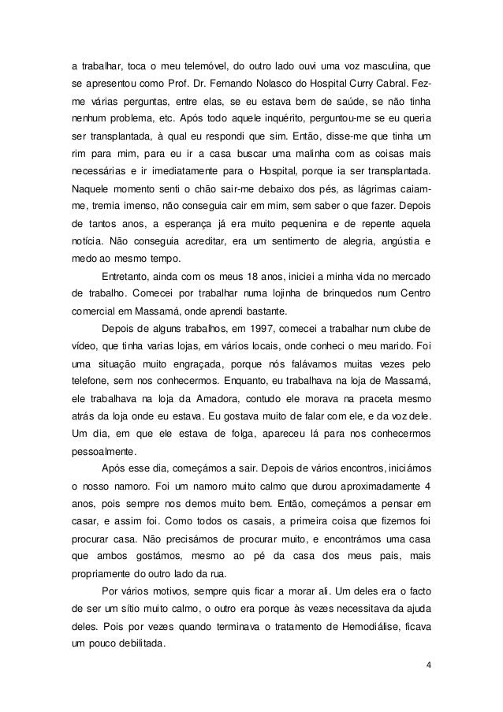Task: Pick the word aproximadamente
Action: (374, 486)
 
